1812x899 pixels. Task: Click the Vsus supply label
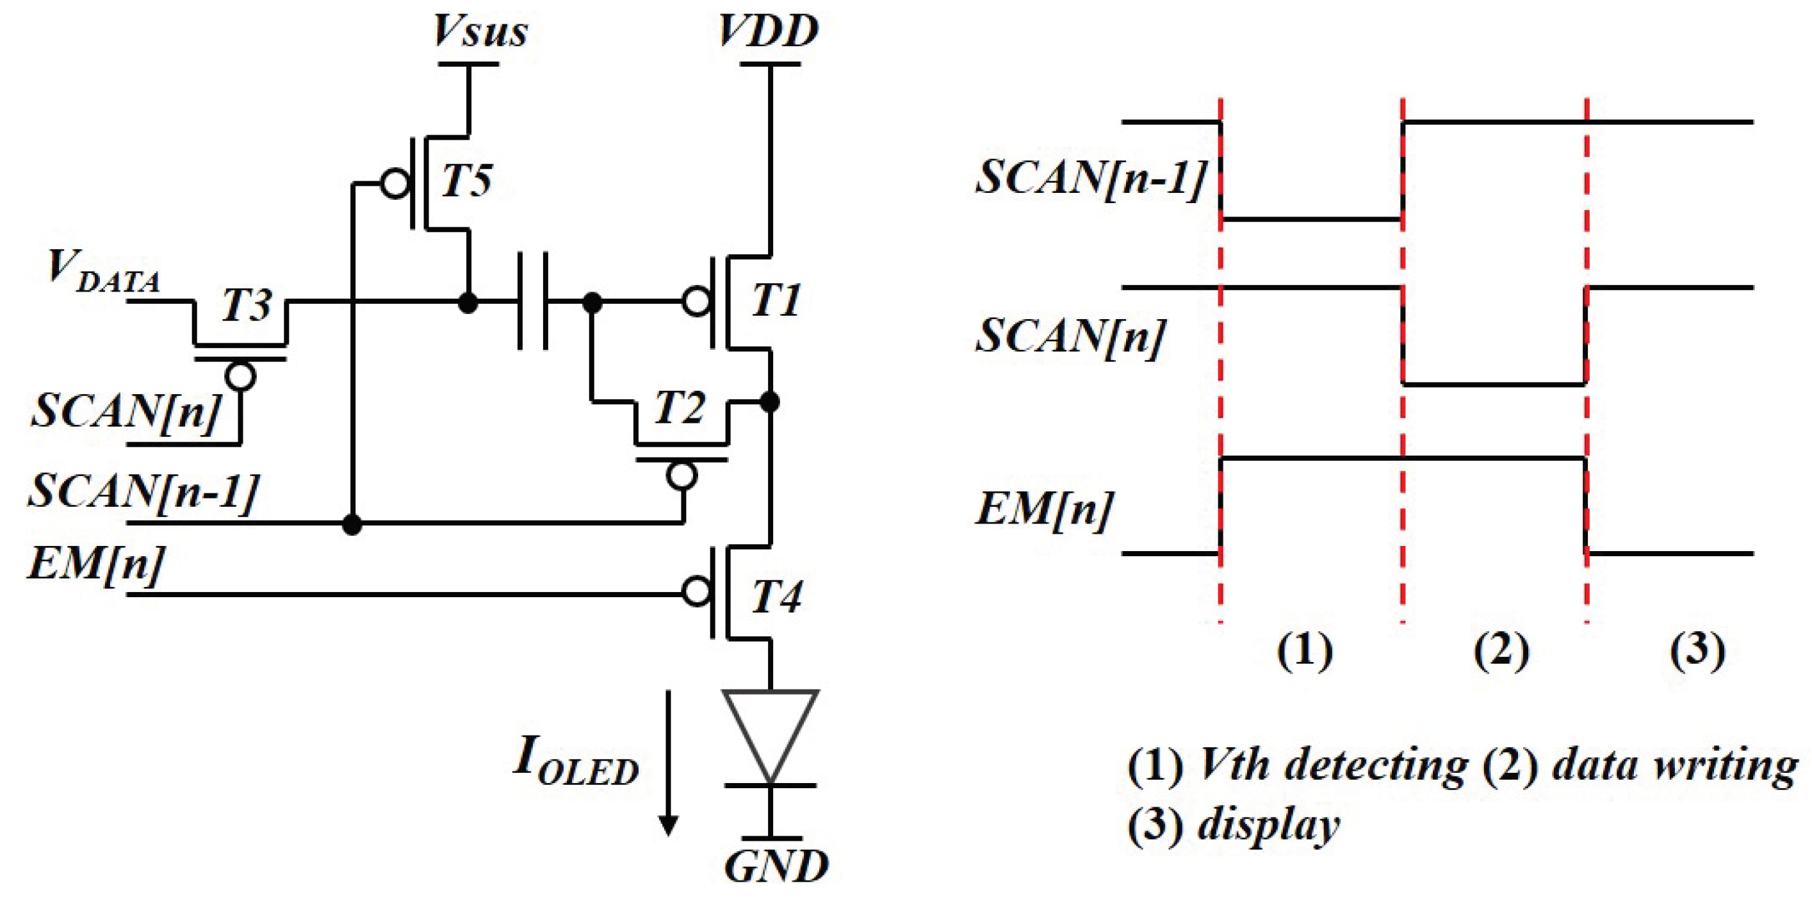click(x=480, y=31)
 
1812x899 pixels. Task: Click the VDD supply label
click(x=768, y=31)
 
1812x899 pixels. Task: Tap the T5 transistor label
click(x=466, y=179)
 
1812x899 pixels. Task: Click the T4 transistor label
click(x=776, y=598)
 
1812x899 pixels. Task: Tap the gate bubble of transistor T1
click(x=696, y=302)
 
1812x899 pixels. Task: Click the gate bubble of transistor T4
click(x=696, y=592)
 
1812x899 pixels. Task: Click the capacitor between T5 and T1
click(x=533, y=302)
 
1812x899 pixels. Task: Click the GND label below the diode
click(x=776, y=868)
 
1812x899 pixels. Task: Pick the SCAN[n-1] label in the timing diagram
click(x=1090, y=177)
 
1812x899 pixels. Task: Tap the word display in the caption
click(x=1269, y=825)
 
